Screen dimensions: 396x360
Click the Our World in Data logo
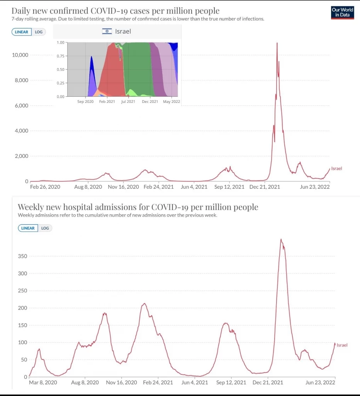click(342, 12)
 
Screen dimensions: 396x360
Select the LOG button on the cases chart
click(39, 32)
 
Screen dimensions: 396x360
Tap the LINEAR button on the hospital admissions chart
click(28, 228)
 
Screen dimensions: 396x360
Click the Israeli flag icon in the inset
click(107, 31)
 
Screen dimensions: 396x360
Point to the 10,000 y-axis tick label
click(20, 55)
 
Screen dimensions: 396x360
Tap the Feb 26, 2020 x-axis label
click(45, 187)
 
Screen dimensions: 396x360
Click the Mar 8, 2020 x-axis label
click(43, 382)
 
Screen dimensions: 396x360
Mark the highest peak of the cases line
click(277, 43)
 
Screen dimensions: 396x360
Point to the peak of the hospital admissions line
click(281, 239)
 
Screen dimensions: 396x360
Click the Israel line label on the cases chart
click(336, 168)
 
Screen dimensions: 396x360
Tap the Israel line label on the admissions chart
click(342, 345)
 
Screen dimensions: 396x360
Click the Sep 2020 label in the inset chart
click(85, 102)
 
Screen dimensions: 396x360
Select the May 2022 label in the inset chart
click(172, 102)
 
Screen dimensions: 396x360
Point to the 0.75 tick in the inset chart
click(60, 56)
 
